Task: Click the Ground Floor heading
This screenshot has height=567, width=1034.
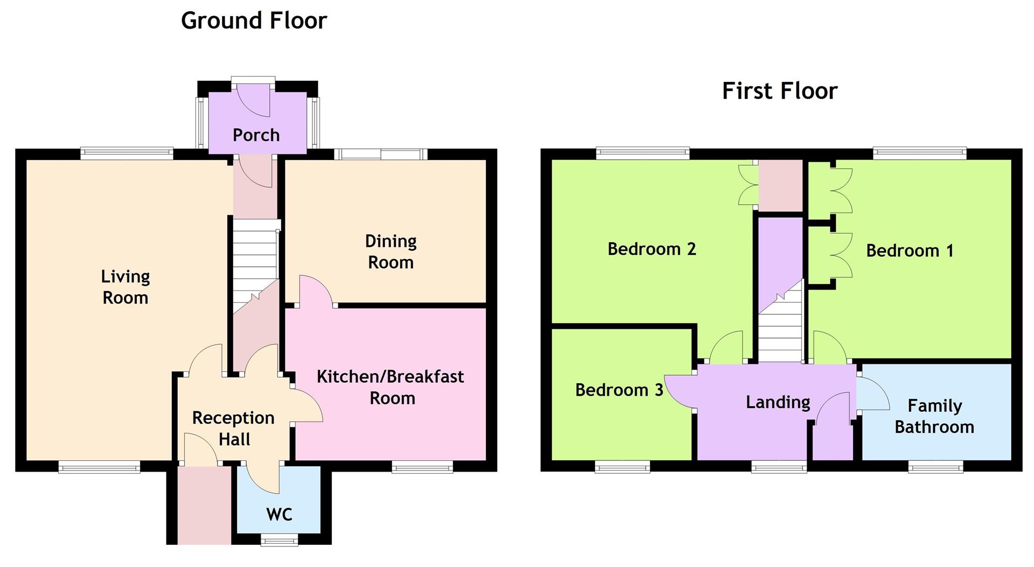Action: [254, 21]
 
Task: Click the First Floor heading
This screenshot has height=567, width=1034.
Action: [779, 91]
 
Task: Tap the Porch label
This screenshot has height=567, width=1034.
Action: [256, 135]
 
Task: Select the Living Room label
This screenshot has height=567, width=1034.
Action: [125, 287]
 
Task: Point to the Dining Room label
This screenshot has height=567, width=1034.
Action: [391, 252]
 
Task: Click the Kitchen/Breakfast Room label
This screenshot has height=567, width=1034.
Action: [390, 387]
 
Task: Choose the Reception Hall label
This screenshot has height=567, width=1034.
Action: [234, 428]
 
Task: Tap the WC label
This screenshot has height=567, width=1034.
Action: [279, 514]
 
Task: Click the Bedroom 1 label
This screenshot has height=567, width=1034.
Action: [910, 251]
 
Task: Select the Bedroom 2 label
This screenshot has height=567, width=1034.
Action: [652, 249]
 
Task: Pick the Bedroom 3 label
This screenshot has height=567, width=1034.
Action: [619, 390]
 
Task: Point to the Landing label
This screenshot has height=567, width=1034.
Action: [778, 402]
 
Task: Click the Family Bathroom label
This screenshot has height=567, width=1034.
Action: [934, 416]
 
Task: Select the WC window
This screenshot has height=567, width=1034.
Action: [279, 540]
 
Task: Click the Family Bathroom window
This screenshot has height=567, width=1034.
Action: [935, 467]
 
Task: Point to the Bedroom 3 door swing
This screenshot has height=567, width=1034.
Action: [679, 392]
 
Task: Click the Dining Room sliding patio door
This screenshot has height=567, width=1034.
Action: [381, 154]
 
